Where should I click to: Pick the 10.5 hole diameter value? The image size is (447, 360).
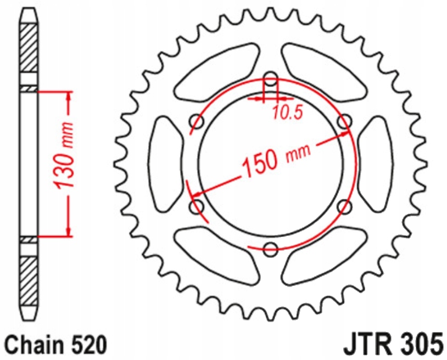pos(287,113)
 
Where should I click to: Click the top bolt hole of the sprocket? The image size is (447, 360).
pos(271,78)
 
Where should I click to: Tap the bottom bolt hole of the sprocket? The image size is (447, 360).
pos(271,250)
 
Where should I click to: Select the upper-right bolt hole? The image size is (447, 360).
pos(345,121)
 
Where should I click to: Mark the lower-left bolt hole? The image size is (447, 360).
pos(197,207)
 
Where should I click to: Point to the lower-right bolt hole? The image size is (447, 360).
pos(345,207)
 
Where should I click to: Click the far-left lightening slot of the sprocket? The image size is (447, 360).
pos(165,164)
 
